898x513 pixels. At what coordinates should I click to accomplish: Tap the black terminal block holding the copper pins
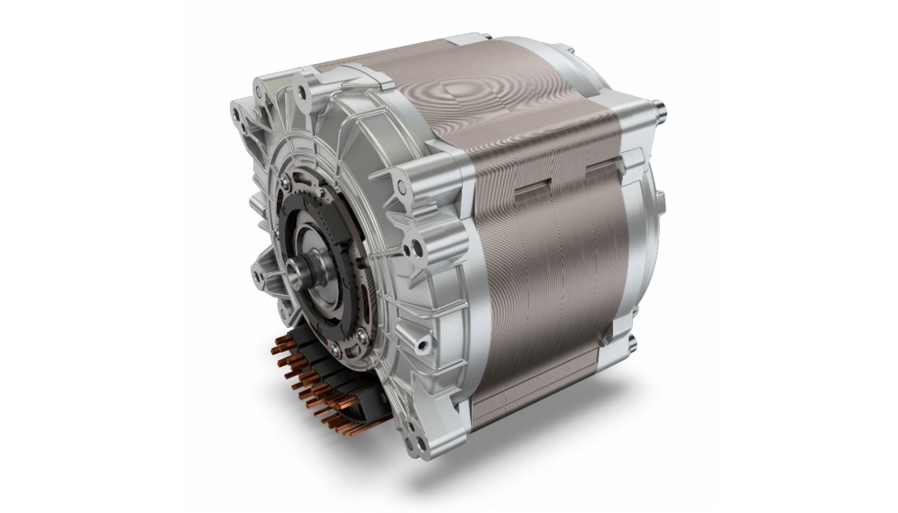(x=316, y=371)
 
